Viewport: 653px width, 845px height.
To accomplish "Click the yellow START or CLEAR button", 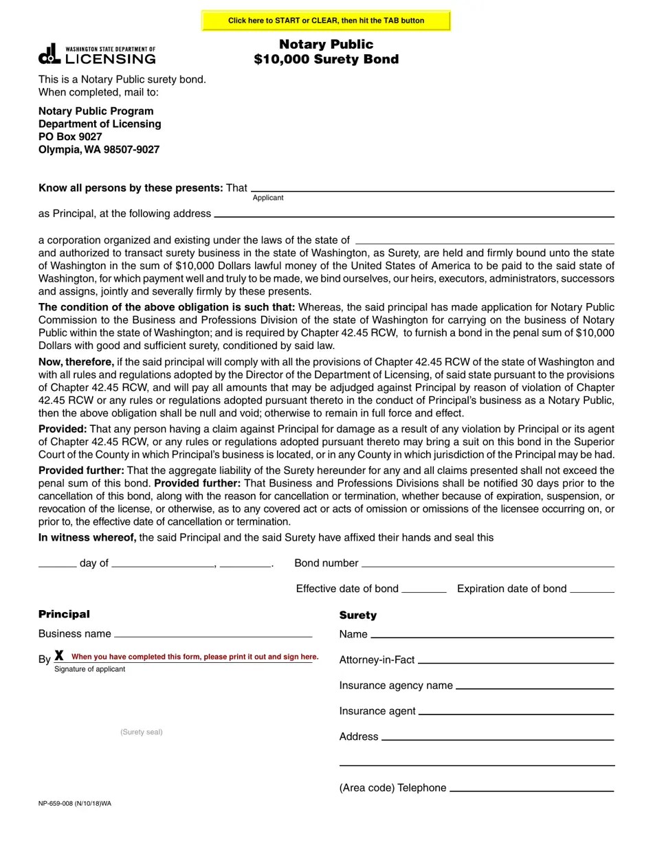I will point(326,21).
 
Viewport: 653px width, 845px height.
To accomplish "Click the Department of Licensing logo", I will point(97,54).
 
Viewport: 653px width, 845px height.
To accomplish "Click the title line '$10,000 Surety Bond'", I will point(326,60).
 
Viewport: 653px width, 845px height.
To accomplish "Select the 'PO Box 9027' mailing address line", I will point(70,137).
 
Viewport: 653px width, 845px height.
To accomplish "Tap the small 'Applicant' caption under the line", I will point(268,198).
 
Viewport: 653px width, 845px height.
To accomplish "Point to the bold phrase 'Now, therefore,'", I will point(76,362).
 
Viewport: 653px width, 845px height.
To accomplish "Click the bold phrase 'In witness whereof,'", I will point(87,537).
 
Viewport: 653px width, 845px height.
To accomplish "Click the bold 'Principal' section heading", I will point(64,614).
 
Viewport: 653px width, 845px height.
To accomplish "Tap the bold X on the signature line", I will point(60,656).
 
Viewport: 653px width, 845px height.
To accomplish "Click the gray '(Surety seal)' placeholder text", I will point(142,732).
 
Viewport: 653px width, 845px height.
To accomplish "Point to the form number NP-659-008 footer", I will point(75,803).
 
